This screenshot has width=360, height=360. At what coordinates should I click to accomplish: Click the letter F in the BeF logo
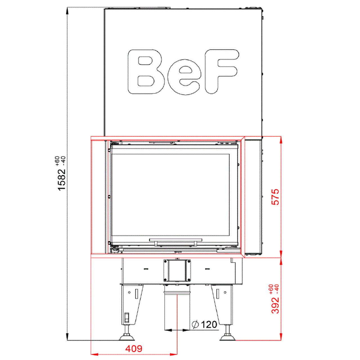[221, 72]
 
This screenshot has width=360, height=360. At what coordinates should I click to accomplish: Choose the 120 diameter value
[209, 325]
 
